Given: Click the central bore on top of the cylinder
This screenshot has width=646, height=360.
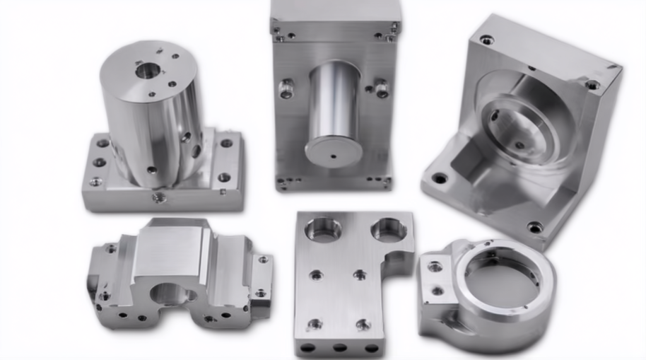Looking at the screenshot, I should pos(148,70).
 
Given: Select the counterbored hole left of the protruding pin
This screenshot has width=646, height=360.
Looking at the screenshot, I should pos(286,89).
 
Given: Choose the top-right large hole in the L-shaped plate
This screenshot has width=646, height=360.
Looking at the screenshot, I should pos(389,229).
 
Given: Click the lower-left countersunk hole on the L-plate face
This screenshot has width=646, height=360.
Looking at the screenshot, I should pos(315,325).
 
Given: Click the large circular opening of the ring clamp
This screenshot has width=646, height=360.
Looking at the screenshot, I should pos(495,282).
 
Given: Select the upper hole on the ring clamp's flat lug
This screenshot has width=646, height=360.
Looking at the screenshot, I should pos(435,267).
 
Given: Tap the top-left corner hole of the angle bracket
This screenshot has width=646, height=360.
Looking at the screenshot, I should pos(487,40).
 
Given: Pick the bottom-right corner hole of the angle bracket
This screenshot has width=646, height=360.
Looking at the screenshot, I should pos(535,227).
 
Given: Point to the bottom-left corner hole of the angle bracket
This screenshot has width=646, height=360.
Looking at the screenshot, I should pos(440,178).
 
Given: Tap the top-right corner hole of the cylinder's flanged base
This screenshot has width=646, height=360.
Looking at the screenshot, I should pos(226,143).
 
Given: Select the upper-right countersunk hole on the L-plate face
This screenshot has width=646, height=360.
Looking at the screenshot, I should pos(360,274).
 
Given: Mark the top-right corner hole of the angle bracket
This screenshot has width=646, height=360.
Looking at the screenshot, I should pos(592,85).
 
